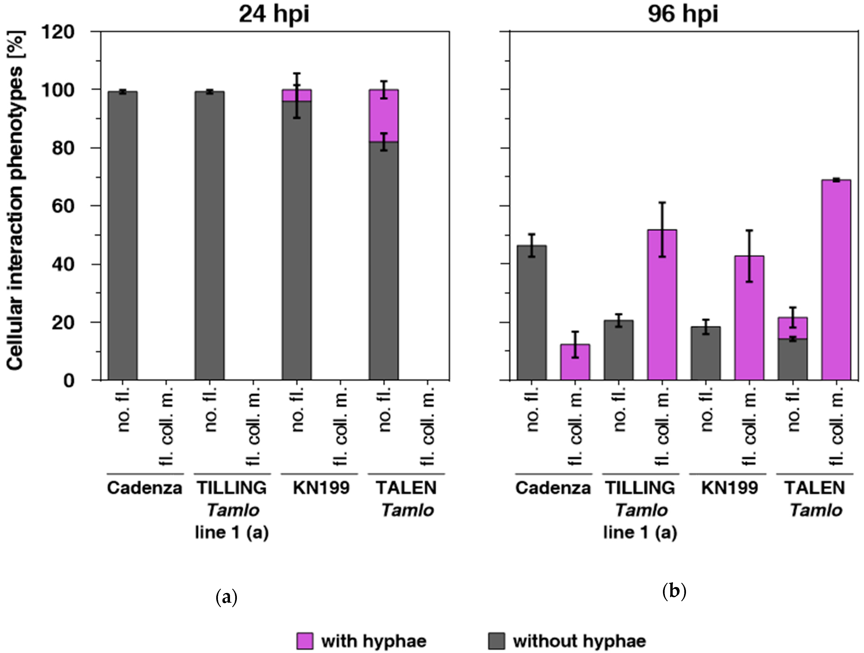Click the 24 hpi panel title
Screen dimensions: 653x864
pyautogui.click(x=274, y=15)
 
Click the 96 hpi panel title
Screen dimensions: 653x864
pyautogui.click(x=683, y=15)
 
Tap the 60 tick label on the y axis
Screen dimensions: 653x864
pyautogui.click(x=63, y=206)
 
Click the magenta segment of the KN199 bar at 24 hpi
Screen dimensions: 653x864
pyautogui.click(x=297, y=95)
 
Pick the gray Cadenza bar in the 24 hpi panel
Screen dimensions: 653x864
pyautogui.click(x=123, y=234)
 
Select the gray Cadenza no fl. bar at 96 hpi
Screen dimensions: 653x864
pyautogui.click(x=532, y=312)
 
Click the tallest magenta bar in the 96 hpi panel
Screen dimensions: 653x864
pyautogui.click(x=836, y=279)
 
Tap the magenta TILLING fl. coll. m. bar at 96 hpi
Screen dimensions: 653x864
pyautogui.click(x=662, y=305)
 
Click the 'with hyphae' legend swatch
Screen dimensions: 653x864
pyautogui.click(x=305, y=641)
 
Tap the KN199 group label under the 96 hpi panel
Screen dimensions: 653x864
pyautogui.click(x=729, y=488)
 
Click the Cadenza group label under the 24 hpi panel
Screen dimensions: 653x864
pyautogui.click(x=145, y=488)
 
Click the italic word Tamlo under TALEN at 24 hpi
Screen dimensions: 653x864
pyautogui.click(x=407, y=510)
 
